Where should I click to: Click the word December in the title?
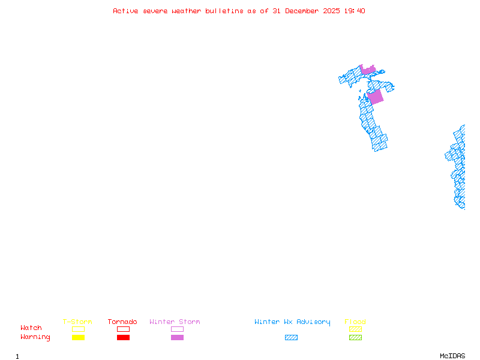click(305, 11)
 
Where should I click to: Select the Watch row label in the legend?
click(31, 328)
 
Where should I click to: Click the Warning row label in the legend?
click(35, 337)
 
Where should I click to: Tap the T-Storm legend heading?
click(77, 322)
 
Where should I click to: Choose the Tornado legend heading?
click(122, 322)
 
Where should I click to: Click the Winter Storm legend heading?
click(175, 322)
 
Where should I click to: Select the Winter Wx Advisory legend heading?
click(292, 322)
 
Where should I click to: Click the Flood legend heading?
click(355, 322)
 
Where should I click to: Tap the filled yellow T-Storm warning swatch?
click(78, 337)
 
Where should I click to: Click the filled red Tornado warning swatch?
click(123, 337)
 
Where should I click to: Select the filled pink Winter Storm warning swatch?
click(177, 337)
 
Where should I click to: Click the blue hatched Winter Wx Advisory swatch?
click(291, 337)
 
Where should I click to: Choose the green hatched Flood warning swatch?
click(355, 337)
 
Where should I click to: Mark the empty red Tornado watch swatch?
click(123, 329)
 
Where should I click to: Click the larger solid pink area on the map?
click(376, 97)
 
